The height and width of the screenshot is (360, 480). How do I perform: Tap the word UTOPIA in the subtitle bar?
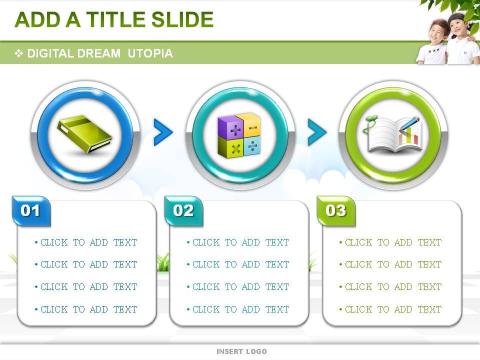pos(150,53)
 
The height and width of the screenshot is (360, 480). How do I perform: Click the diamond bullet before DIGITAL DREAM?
pos(18,53)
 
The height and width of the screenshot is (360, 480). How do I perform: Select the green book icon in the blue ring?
pos(85,134)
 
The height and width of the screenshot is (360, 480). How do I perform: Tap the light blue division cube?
pos(252,145)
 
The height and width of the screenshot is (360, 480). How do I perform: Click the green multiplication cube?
pos(230,147)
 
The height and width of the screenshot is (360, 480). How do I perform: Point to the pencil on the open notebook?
pos(408,125)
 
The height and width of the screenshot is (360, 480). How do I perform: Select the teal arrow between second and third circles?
pos(317,132)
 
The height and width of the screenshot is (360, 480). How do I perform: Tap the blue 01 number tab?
pos(31,211)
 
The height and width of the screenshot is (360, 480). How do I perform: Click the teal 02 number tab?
pos(183,211)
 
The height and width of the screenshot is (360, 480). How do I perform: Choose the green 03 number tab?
pos(336,211)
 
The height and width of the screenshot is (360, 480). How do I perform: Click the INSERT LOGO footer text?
pos(241,351)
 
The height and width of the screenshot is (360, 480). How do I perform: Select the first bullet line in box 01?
pos(85,242)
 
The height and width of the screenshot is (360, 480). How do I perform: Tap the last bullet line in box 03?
pos(390,309)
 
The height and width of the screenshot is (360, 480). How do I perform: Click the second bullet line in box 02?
pos(238,264)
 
